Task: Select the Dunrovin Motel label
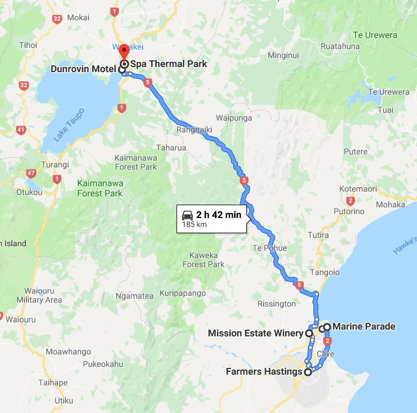83,69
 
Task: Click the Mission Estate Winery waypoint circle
309,333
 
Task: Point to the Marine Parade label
363,326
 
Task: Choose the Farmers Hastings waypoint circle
308,372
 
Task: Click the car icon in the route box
187,215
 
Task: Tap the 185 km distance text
194,224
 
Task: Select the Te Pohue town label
269,248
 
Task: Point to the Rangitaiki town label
194,130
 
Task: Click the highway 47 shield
31,173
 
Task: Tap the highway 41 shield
21,130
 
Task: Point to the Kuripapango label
182,293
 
